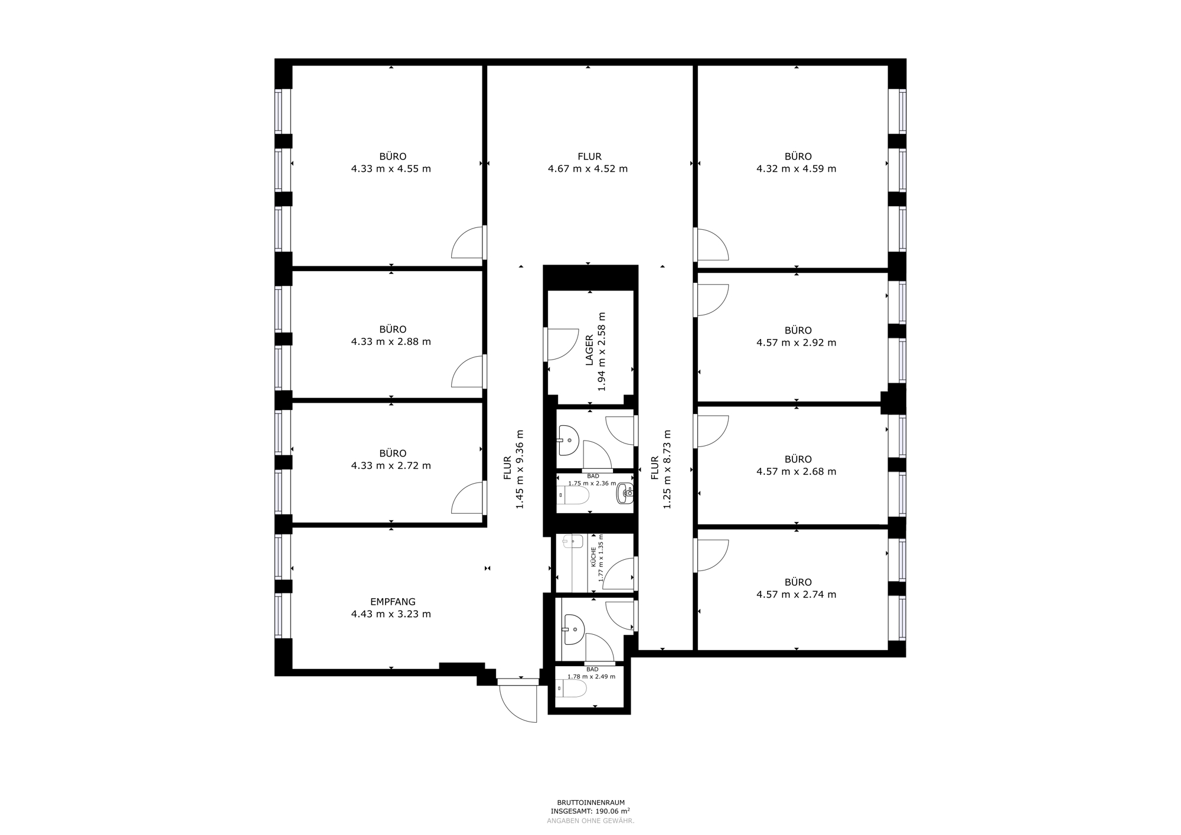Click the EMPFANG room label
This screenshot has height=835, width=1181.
tap(393, 602)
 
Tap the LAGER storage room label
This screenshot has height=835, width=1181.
tap(589, 350)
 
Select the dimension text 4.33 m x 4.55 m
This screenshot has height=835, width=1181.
tap(391, 169)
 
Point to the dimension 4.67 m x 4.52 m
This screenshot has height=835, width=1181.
tap(588, 169)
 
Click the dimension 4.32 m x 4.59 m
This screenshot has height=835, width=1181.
tap(796, 169)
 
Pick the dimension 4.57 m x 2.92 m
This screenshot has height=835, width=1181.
tap(796, 343)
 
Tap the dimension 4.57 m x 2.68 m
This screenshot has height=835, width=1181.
tap(796, 471)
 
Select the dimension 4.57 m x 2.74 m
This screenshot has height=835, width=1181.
tap(796, 595)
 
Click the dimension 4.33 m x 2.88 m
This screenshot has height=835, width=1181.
tap(391, 341)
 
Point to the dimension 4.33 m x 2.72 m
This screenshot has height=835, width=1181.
tap(391, 465)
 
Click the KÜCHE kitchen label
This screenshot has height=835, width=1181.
tap(593, 557)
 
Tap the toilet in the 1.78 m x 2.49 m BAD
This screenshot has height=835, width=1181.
tap(571, 689)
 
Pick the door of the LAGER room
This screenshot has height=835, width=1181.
tap(561, 344)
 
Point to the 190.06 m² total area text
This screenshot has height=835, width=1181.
tap(590, 811)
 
